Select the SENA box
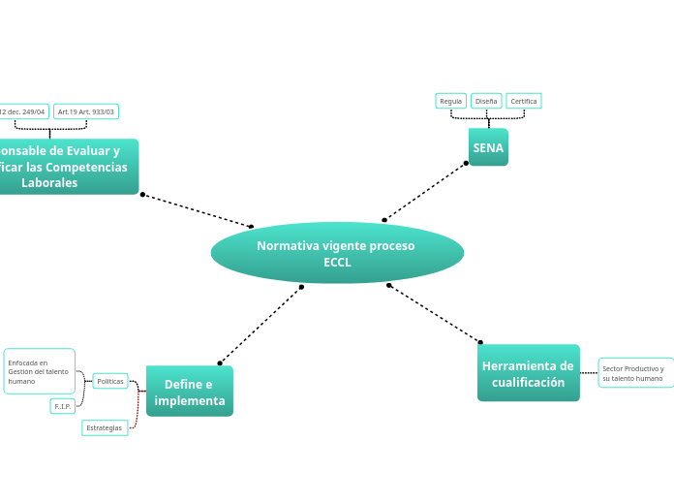488,147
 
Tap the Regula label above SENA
451,101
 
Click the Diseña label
486,101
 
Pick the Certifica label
524,101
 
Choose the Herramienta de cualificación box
528,373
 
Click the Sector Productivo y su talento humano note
633,373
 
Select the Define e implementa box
190,392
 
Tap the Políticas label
110,381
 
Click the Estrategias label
105,427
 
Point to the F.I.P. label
63,406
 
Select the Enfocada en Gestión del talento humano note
39,371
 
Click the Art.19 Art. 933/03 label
86,111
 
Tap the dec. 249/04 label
23,111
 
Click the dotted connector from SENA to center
426,191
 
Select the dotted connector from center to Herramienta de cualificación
434,313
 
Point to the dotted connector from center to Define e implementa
260,325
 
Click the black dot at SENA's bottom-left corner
466,163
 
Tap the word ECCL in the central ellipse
337,263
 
